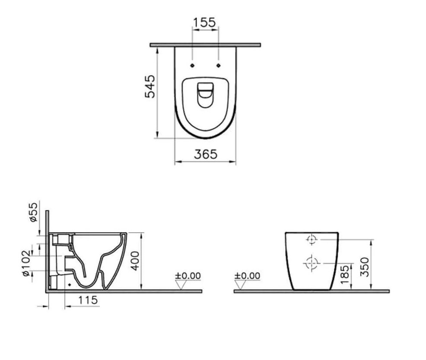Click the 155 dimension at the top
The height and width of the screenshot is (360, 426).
(x=204, y=22)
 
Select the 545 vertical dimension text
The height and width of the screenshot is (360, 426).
(x=150, y=87)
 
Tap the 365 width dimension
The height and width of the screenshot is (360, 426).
(x=205, y=154)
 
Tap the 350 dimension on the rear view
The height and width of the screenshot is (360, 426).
(x=365, y=267)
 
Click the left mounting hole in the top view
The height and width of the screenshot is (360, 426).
(x=192, y=65)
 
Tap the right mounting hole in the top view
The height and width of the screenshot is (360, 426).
(x=219, y=65)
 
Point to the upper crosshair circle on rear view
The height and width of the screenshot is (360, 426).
(x=312, y=239)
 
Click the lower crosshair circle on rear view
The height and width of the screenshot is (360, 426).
(x=312, y=262)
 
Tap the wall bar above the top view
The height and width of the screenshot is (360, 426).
(x=205, y=44)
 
